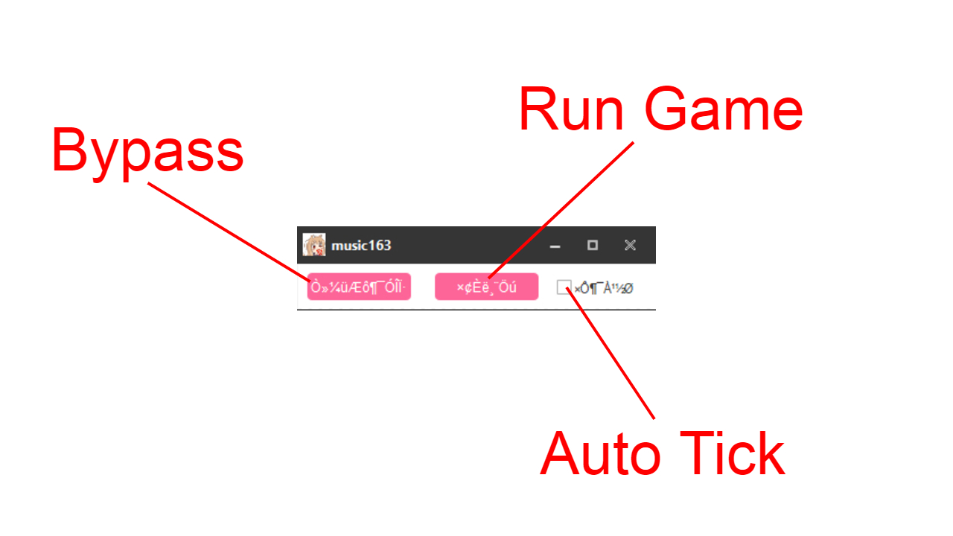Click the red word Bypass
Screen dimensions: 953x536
pos(147,152)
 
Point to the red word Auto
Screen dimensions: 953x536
pos(599,454)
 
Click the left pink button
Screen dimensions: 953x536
pos(359,287)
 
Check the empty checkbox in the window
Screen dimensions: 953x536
pos(564,287)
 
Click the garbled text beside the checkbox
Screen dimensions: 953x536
pos(604,288)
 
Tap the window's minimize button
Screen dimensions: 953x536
pos(555,246)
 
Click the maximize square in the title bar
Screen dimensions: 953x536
pos(593,245)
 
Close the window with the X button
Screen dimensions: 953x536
pos(630,245)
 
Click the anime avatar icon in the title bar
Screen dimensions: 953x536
pos(314,245)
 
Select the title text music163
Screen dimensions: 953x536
pos(361,246)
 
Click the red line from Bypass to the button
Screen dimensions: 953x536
pos(223,227)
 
